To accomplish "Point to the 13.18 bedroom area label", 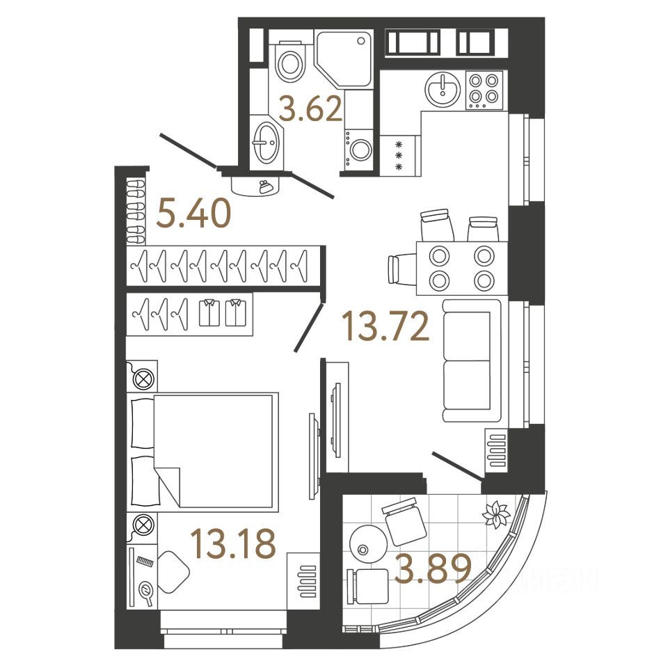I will tap(233, 544).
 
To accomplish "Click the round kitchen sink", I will tap(440, 89).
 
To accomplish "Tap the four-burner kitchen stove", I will tap(484, 90).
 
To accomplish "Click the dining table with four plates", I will tap(460, 268).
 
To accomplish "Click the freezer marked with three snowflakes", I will tap(399, 156).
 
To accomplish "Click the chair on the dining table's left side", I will tap(401, 269).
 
